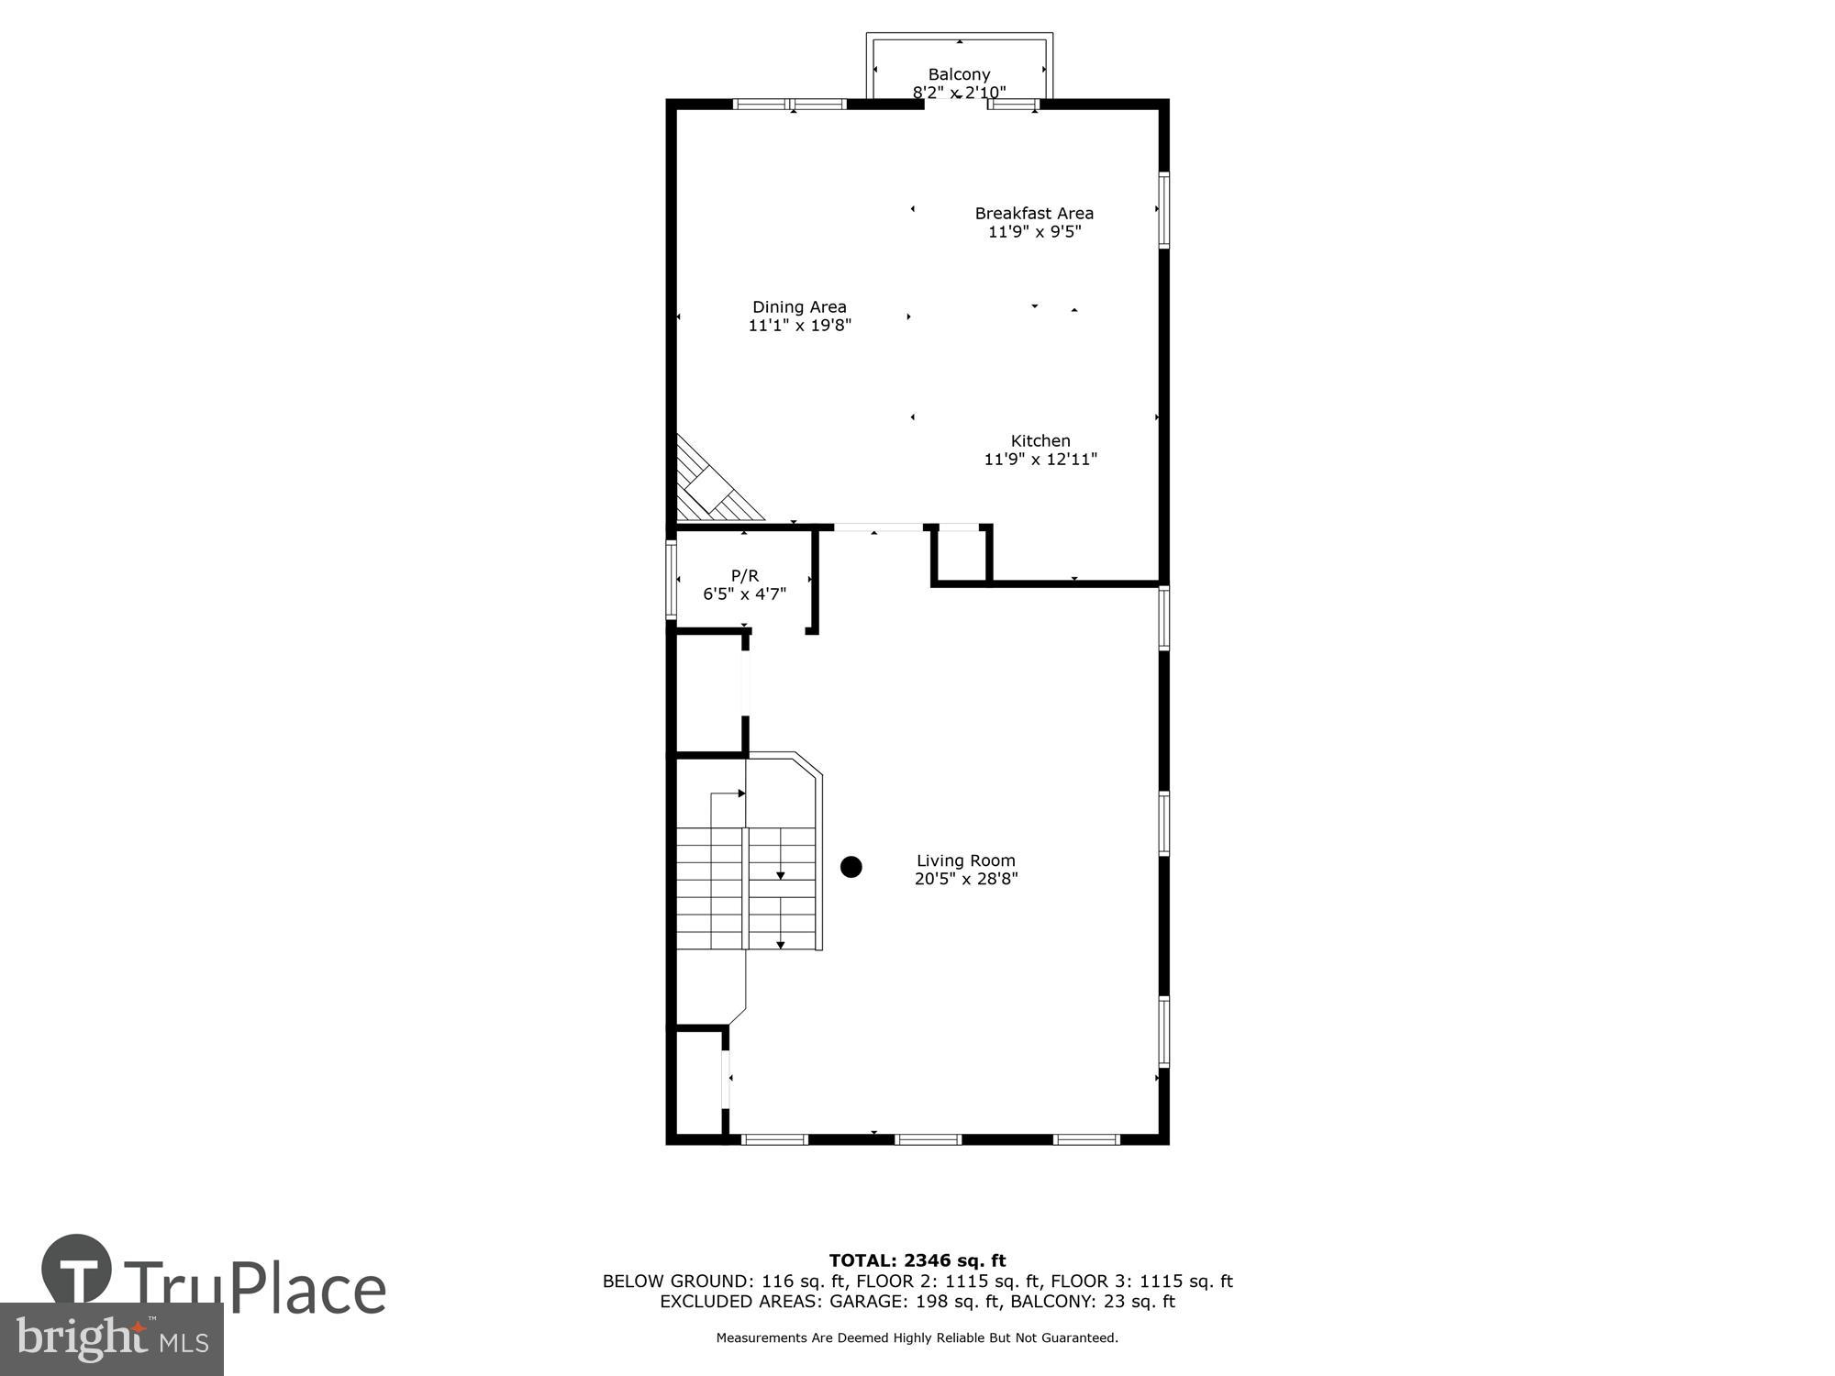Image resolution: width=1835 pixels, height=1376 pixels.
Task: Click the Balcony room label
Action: click(959, 74)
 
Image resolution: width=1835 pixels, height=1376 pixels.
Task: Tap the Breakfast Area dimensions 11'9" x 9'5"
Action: click(1034, 232)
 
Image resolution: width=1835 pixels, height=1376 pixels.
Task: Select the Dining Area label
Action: click(799, 307)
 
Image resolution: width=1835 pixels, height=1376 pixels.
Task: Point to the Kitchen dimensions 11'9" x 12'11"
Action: click(1040, 460)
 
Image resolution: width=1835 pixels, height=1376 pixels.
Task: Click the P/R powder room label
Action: click(744, 576)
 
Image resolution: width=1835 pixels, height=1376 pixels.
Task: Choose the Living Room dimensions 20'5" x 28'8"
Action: click(966, 879)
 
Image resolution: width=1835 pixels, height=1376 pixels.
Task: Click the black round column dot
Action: click(851, 867)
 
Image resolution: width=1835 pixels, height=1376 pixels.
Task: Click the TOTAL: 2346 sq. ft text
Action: click(917, 1260)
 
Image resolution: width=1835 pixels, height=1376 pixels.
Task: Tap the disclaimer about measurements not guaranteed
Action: click(917, 1338)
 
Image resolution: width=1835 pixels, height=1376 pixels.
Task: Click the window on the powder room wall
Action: click(671, 579)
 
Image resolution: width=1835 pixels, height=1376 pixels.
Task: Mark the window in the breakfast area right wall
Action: click(1163, 210)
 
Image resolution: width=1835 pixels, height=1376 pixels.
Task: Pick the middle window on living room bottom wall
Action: click(928, 1139)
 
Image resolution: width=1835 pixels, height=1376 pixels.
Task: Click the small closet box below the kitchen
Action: click(962, 555)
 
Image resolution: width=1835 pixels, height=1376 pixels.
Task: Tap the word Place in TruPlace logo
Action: click(307, 1289)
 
